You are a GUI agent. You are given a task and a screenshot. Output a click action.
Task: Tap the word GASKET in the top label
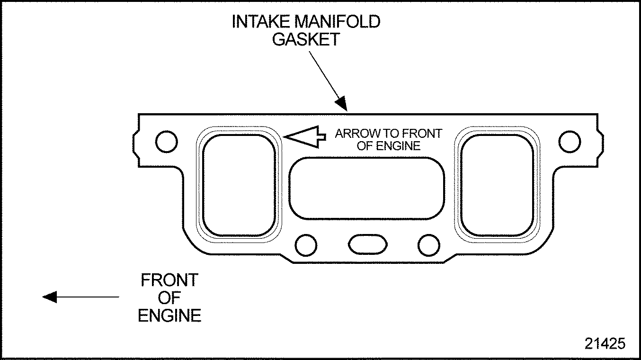[306, 39]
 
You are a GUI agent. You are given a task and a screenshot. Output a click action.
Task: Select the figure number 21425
[605, 343]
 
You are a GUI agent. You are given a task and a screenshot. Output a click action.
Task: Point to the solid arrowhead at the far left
[50, 297]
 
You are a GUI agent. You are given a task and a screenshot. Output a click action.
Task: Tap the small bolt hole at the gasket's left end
[167, 141]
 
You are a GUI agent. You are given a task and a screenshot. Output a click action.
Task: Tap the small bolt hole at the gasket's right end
[570, 141]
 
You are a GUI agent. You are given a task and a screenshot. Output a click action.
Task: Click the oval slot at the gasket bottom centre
[367, 243]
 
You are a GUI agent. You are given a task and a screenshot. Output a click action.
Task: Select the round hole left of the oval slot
[306, 244]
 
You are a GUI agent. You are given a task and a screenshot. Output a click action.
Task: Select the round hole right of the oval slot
[429, 244]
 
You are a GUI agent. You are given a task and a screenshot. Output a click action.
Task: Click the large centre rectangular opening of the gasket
[367, 188]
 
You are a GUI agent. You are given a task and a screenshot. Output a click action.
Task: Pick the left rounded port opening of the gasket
[239, 185]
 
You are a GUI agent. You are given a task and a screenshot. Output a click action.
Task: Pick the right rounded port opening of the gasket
[497, 185]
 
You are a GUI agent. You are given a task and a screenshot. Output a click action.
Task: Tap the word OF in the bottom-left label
[169, 298]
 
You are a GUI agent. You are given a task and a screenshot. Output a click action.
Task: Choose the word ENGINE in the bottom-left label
[169, 315]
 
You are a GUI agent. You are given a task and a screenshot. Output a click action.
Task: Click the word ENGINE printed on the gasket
[401, 146]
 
